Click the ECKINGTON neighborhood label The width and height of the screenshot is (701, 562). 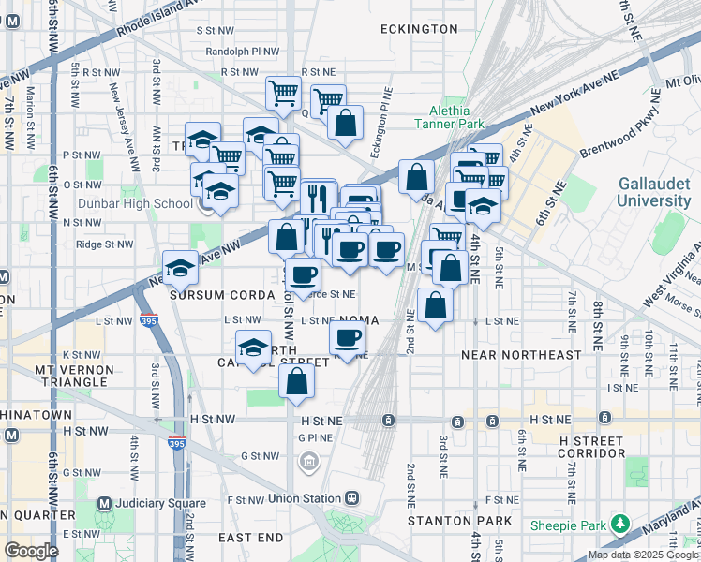pyautogui.click(x=419, y=29)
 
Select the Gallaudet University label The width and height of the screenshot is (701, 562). pyautogui.click(x=653, y=193)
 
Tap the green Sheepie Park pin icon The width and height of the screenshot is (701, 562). pyautogui.click(x=619, y=522)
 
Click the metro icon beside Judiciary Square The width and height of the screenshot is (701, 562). pyautogui.click(x=104, y=503)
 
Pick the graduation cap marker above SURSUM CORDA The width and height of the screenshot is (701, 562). pyautogui.click(x=181, y=266)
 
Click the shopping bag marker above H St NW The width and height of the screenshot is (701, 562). pyautogui.click(x=296, y=380)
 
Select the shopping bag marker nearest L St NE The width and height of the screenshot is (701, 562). pyautogui.click(x=436, y=304)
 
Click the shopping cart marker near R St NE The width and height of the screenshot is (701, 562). pyautogui.click(x=283, y=92)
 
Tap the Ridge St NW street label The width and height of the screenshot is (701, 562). pyautogui.click(x=104, y=244)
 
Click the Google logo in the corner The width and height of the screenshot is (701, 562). pyautogui.click(x=31, y=551)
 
